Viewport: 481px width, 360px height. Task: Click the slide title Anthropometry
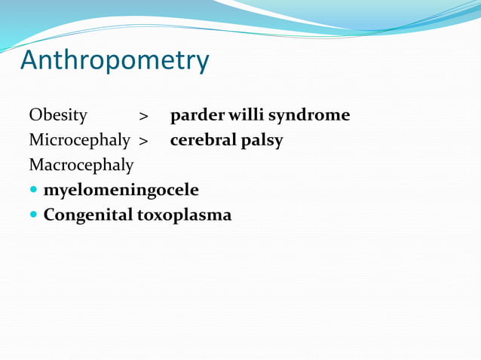tap(115, 60)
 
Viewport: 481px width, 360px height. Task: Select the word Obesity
tap(58, 115)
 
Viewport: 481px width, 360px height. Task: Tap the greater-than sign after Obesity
tap(143, 117)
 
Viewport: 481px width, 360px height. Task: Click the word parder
tap(192, 115)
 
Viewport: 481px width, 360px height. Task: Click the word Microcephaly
tap(79, 140)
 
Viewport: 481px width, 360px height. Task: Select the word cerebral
tap(203, 140)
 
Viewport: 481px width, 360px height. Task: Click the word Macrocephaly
tap(81, 165)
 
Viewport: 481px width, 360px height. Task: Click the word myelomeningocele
tap(121, 190)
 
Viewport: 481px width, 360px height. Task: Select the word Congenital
tap(87, 215)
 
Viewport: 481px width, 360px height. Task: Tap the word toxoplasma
tap(184, 215)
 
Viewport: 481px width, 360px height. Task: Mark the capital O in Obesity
tap(35, 115)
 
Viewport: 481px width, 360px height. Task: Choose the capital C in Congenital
tap(49, 214)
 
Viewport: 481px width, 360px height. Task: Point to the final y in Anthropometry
tap(201, 63)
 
